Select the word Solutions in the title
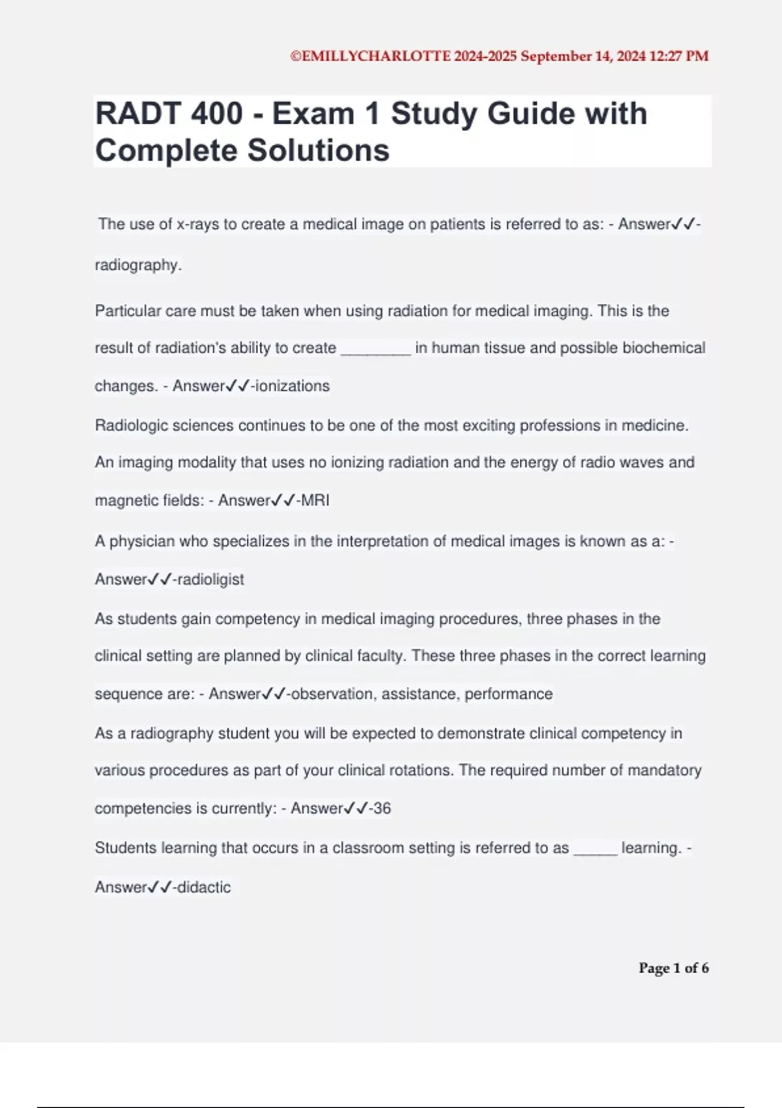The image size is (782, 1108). tap(318, 151)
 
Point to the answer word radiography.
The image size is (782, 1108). tap(138, 265)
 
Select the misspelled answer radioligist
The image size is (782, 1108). tap(210, 579)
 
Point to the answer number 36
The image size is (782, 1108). tap(382, 808)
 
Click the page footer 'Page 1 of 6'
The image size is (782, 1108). tap(673, 968)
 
